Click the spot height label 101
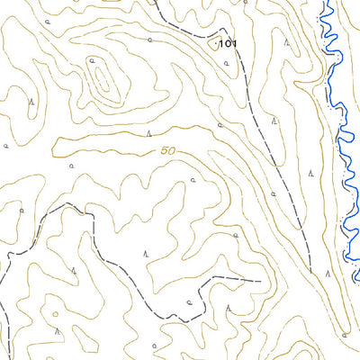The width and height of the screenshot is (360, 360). click(226, 43)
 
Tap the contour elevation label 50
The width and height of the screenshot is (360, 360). click(167, 151)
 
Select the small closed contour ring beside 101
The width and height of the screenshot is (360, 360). click(213, 41)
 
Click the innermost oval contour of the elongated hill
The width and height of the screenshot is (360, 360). click(94, 67)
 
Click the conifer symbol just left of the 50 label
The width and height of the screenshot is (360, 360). click(148, 133)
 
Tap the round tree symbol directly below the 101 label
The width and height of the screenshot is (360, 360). click(220, 127)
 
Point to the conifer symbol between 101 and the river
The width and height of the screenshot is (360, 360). click(286, 41)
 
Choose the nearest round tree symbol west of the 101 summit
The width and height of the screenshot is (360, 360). click(149, 40)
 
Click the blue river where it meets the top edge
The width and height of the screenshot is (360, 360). click(326, 3)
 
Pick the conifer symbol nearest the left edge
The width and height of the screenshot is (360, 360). click(31, 102)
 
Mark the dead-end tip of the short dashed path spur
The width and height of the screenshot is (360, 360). click(262, 281)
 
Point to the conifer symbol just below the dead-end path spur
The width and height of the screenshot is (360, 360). click(228, 308)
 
